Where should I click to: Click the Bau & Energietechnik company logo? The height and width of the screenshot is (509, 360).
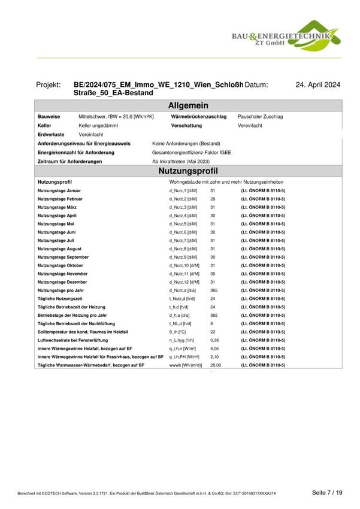[x=286, y=36]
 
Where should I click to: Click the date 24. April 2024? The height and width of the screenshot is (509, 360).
[x=318, y=86]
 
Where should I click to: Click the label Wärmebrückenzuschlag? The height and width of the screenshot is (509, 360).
[x=199, y=117]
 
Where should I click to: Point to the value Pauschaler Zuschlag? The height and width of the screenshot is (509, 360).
[x=260, y=117]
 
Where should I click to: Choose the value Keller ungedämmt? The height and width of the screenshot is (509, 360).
[x=98, y=126]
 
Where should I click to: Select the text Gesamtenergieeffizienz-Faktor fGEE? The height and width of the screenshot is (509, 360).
[x=192, y=153]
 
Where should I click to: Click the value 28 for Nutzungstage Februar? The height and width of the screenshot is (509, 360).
[x=213, y=198]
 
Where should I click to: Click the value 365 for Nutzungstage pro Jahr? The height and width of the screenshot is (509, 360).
[x=214, y=290]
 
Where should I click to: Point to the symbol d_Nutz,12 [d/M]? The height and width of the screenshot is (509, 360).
[x=183, y=281]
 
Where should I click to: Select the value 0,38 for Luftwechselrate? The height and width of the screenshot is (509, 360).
[x=214, y=340]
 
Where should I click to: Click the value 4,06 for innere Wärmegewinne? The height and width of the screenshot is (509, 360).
[x=214, y=348]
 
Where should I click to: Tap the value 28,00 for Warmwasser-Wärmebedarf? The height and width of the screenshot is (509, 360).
[x=216, y=365]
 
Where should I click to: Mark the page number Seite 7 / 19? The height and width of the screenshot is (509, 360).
[x=326, y=492]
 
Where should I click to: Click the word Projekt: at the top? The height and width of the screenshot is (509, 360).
[x=49, y=86]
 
